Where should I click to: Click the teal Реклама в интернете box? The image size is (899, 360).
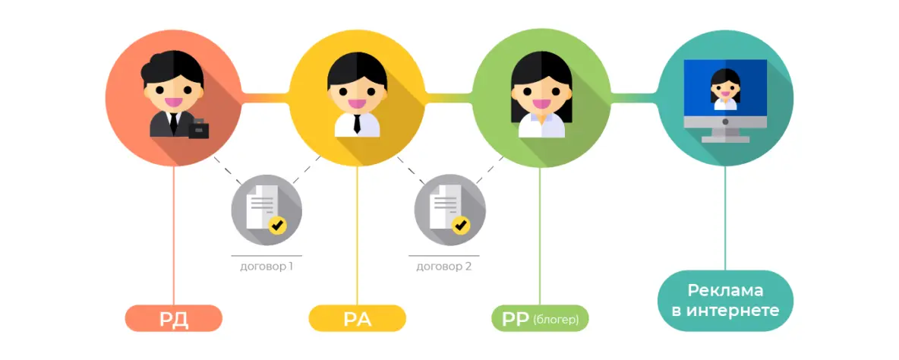click(725, 301)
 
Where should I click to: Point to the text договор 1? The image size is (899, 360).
click(267, 267)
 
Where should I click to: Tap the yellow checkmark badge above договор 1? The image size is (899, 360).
click(278, 224)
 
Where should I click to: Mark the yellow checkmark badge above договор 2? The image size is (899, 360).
click(461, 224)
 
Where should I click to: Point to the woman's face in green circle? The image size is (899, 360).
click(541, 93)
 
